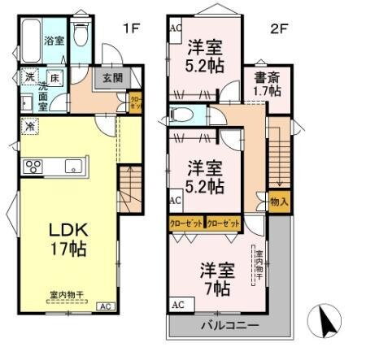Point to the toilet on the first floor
[81, 35]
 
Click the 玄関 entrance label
[111, 79]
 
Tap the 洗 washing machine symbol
[28, 78]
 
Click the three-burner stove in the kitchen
[34, 167]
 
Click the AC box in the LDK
[105, 306]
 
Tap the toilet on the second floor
[182, 115]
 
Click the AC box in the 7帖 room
[176, 306]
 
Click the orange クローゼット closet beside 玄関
[135, 101]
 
